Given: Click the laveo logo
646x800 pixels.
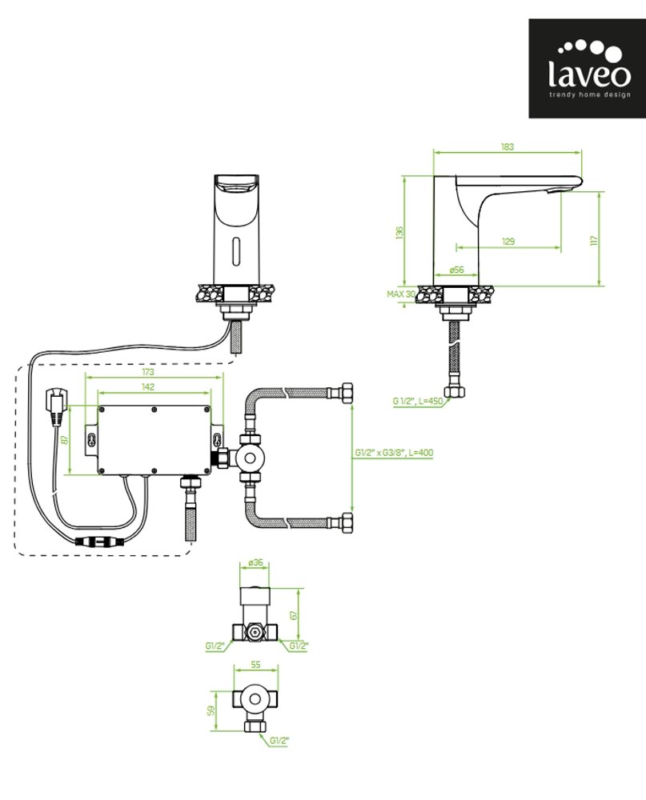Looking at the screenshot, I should (x=587, y=69).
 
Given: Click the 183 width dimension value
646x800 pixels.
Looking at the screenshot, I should (x=506, y=147).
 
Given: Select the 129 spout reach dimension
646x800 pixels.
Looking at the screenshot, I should (x=508, y=242).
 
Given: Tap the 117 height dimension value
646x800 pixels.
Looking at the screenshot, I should (x=594, y=240).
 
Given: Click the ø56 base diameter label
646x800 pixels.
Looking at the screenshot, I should (x=457, y=270).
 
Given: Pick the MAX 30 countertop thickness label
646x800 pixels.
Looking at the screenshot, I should (x=401, y=294).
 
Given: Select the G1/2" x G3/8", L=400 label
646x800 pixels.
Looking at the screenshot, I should (x=394, y=453).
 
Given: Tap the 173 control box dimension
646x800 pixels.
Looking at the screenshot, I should (x=148, y=372).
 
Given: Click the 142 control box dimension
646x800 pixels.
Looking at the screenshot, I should (x=148, y=386).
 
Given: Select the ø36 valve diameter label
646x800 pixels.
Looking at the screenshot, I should (x=256, y=562).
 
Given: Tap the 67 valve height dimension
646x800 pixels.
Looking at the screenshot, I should (x=295, y=614).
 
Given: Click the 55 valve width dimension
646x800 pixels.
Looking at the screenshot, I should (x=256, y=665).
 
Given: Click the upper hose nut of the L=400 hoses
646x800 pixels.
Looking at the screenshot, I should (x=346, y=393).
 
